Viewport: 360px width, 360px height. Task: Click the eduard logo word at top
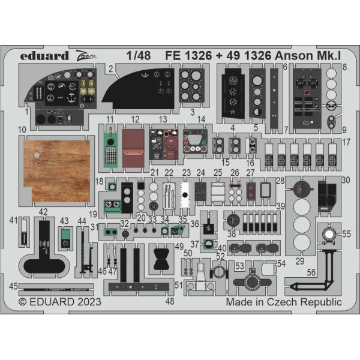(x=44, y=56)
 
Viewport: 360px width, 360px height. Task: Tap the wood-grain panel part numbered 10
(x=57, y=170)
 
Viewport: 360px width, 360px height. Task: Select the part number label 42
(x=43, y=212)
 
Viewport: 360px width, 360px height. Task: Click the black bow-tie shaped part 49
(x=161, y=259)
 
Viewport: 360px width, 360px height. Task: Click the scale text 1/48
(x=139, y=56)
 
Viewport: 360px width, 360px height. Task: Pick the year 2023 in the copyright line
(x=89, y=302)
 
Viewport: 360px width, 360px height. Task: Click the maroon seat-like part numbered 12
(x=133, y=148)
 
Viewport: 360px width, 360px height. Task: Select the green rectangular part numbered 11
(x=110, y=149)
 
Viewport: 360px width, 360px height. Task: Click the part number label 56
(x=311, y=272)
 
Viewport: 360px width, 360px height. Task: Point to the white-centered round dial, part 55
(x=329, y=235)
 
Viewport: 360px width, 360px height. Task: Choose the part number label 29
(x=300, y=261)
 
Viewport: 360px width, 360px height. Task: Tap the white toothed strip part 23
(x=185, y=195)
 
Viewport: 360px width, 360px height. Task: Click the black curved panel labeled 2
(x=138, y=89)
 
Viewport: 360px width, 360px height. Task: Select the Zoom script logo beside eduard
(x=86, y=56)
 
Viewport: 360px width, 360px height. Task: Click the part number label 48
(x=170, y=301)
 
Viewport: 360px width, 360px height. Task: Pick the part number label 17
(x=346, y=142)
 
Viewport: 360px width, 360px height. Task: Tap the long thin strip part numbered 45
(x=56, y=290)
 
